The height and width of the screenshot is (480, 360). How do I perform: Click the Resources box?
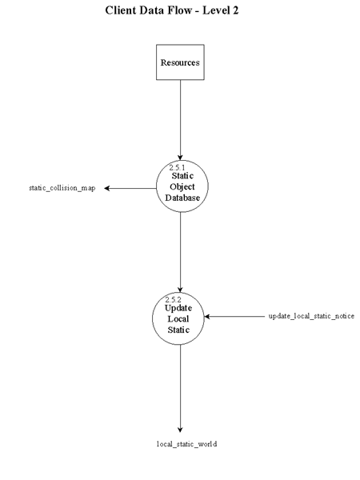click(x=180, y=62)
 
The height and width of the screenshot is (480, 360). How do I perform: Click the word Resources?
click(x=180, y=62)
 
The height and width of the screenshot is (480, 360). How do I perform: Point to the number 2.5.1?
click(x=177, y=167)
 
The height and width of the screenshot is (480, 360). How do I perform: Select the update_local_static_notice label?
click(x=311, y=317)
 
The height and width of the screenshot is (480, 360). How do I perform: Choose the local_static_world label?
click(x=186, y=443)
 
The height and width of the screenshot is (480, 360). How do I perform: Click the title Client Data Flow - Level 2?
click(x=172, y=11)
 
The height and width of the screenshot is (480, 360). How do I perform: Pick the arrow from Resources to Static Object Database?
click(x=180, y=120)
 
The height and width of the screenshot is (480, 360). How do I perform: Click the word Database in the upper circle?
click(x=183, y=198)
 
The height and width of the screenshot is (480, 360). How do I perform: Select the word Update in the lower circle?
click(x=178, y=308)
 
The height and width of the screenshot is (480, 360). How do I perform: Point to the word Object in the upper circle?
click(x=182, y=186)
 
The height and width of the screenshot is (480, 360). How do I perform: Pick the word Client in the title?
click(x=122, y=11)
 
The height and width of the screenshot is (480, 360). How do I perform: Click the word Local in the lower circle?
click(x=178, y=318)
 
